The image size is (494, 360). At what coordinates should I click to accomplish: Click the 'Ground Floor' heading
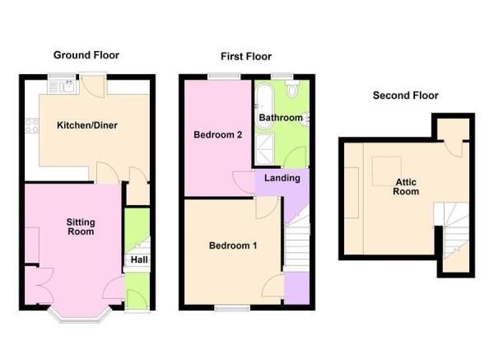tap(86, 55)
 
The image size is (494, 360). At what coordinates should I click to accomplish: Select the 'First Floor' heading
tap(245, 57)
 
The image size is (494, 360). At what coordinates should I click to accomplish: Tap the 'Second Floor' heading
tap(405, 96)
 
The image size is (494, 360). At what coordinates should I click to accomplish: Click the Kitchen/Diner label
tap(85, 126)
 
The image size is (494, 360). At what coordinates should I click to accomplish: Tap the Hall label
tap(137, 260)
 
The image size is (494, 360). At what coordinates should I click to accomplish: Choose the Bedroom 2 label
tap(217, 135)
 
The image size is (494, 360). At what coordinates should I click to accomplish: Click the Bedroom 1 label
tap(233, 245)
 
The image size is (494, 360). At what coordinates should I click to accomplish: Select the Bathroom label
tap(281, 118)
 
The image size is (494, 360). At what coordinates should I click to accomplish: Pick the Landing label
tap(282, 178)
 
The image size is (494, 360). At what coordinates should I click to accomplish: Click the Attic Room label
tap(407, 186)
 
